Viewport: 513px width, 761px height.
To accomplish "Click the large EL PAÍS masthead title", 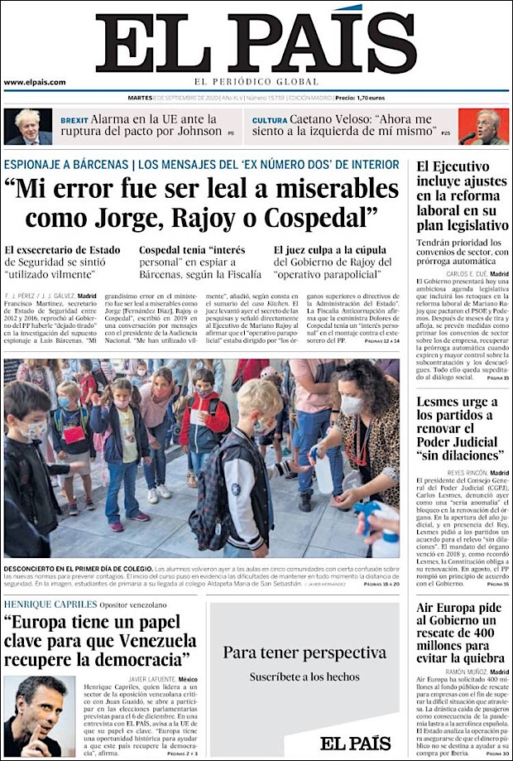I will (256, 43).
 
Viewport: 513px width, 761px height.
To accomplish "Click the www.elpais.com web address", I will (35, 82).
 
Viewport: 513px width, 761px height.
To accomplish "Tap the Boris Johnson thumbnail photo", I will (27, 127).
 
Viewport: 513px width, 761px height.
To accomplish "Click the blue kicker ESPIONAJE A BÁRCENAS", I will (66, 164).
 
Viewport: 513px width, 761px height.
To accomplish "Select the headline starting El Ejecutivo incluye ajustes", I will (462, 195).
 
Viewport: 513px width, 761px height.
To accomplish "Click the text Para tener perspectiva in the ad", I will (304, 653).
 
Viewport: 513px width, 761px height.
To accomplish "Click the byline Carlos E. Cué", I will (467, 273).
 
